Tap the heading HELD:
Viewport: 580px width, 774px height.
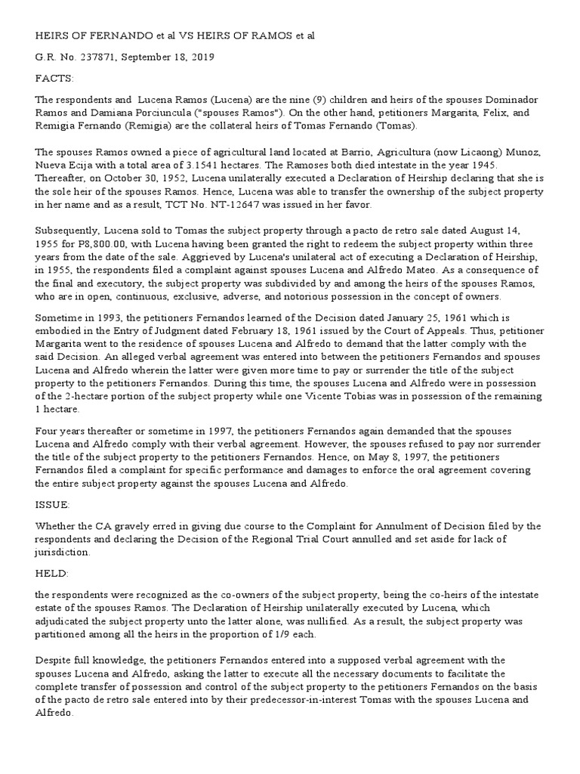pyautogui.click(x=51, y=574)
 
